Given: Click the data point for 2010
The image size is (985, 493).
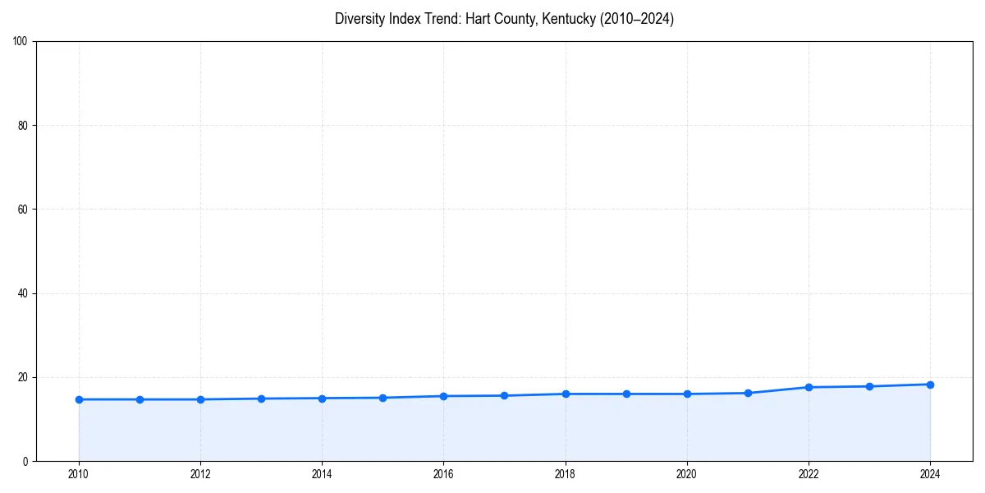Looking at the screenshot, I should [79, 399].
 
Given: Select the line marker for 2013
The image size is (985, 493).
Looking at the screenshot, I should [261, 399].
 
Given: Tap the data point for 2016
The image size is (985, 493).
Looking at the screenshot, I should [443, 396].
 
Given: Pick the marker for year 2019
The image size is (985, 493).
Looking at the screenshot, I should [626, 394].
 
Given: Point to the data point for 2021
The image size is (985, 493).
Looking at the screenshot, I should [748, 393].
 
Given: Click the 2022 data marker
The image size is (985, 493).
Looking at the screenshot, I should [809, 387].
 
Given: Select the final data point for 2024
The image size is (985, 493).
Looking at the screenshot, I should [930, 385].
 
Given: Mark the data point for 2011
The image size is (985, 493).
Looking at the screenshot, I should [140, 399].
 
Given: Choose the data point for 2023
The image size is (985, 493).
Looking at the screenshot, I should [869, 386].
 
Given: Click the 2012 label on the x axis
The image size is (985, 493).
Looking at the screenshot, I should [200, 473].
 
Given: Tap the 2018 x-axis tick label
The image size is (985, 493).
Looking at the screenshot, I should [566, 473].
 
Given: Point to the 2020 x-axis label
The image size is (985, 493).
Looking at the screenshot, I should [687, 473].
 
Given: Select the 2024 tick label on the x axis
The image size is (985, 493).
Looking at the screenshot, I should [930, 473].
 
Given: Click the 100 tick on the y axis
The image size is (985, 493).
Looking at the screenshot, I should [21, 42].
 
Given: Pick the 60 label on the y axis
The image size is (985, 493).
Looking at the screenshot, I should [23, 210].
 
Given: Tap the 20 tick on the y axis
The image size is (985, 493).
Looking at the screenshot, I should [23, 377].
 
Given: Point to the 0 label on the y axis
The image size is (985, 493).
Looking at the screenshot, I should [25, 461].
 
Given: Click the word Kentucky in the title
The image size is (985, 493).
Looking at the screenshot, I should [568, 19].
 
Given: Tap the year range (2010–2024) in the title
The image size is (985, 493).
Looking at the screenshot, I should [636, 19].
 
